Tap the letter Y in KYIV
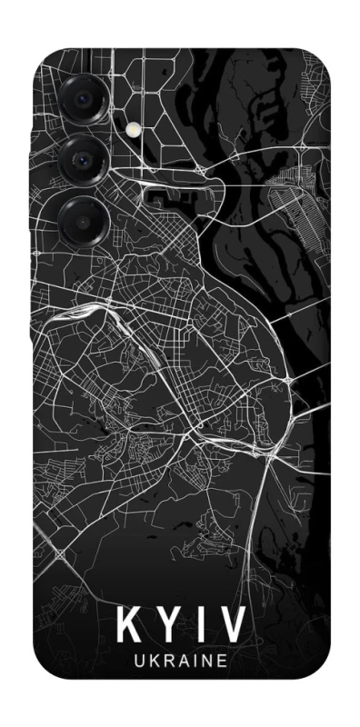[166, 625]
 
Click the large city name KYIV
[180, 625]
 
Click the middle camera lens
[82, 161]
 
